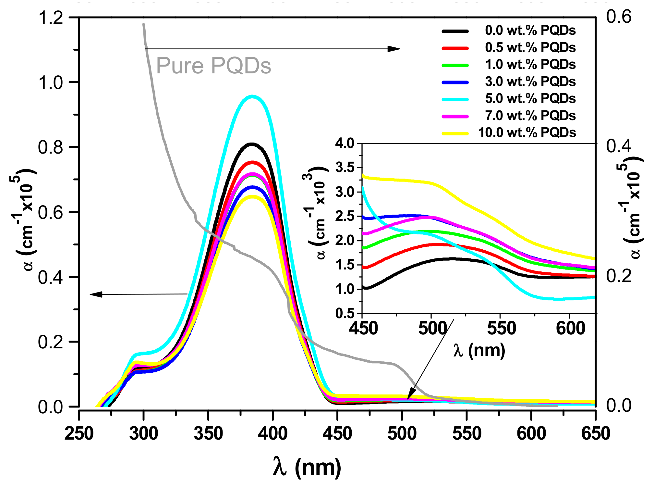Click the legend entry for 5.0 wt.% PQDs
530,98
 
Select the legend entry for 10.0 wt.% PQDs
527,132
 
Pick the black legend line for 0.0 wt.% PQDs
455,31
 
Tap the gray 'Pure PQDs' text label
213,66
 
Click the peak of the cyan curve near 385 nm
252,96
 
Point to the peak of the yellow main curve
252,196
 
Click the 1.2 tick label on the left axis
50,18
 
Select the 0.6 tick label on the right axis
619,17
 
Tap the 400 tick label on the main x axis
272,433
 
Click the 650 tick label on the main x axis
596,433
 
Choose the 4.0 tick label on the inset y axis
345,143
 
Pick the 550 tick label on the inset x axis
501,328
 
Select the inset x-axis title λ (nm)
479,351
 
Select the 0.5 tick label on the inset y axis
345,314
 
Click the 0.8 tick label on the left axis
50,147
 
